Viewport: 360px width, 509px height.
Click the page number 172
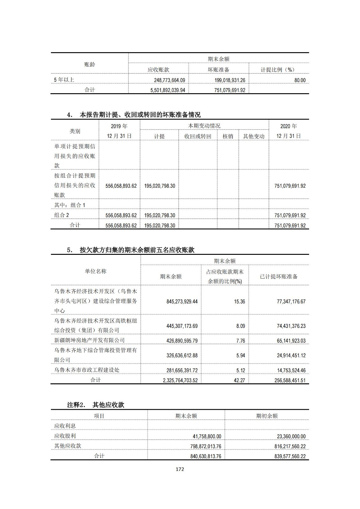[180, 469]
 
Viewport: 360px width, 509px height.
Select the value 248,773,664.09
[168, 80]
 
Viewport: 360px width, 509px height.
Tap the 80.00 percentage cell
[300, 80]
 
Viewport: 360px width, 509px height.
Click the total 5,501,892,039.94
[168, 90]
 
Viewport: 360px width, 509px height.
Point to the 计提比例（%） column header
[278, 70]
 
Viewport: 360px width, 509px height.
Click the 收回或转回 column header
[198, 136]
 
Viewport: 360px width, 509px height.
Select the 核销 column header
[228, 136]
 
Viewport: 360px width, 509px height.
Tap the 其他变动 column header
[254, 136]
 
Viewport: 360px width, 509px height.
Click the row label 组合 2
[61, 215]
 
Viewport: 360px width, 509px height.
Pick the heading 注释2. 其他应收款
[95, 405]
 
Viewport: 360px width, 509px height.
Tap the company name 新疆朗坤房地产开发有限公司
[89, 340]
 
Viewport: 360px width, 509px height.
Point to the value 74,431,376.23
[291, 326]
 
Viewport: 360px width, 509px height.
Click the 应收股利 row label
[65, 436]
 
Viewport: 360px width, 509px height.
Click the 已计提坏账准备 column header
[279, 276]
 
